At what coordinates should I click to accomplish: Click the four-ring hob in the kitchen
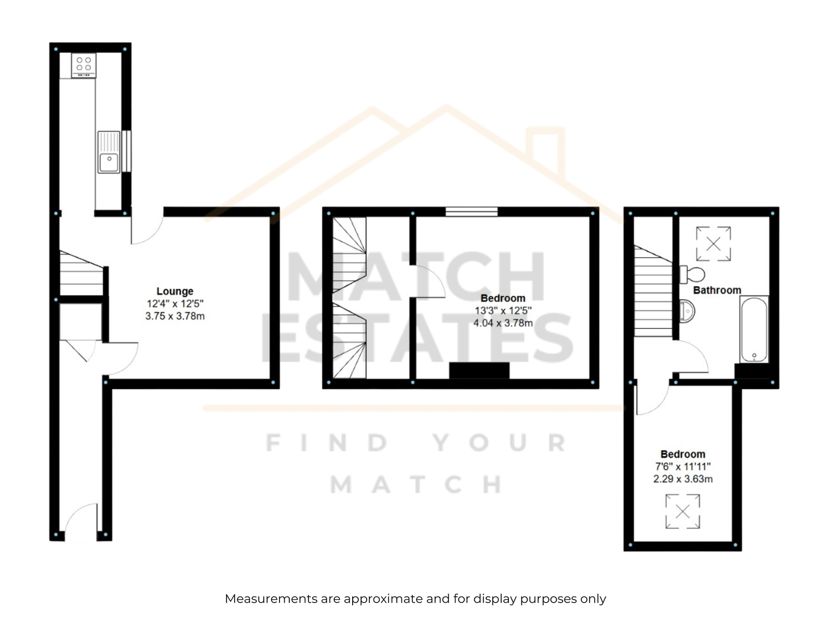point(84,65)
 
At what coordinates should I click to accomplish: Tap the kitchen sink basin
point(109,162)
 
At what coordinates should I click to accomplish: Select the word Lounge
point(175,291)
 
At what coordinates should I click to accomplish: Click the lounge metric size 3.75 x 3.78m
point(175,316)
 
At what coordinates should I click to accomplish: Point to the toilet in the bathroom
point(692,275)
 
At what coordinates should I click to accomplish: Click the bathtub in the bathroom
point(754,329)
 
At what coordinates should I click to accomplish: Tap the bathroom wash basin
point(687,311)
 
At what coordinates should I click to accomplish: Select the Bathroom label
point(717,290)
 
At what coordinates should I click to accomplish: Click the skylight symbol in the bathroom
point(713,244)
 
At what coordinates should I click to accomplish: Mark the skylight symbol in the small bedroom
point(682,512)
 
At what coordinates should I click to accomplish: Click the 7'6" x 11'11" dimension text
point(683,467)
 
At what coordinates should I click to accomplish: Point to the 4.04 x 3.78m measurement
point(503,323)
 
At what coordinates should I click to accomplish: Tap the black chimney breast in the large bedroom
point(479,371)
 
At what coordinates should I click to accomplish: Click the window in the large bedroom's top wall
point(472,212)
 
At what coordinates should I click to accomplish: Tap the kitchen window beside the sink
point(127,151)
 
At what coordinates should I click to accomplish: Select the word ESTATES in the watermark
point(417,338)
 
